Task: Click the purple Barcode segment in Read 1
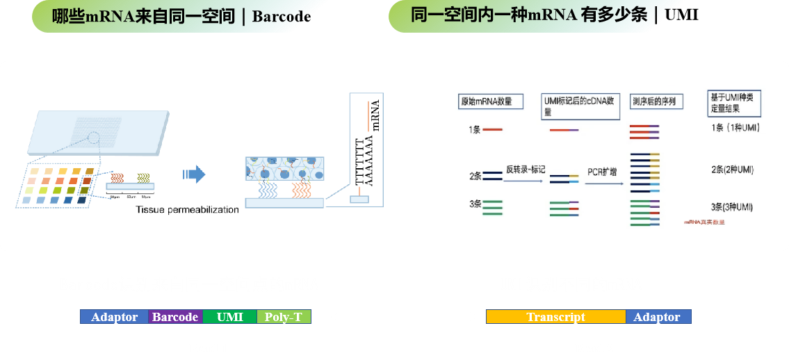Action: [x=175, y=317]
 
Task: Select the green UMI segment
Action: [x=230, y=317]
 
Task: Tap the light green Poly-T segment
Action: [x=284, y=317]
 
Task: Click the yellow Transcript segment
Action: [x=555, y=317]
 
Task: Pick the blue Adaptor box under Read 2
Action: [x=658, y=317]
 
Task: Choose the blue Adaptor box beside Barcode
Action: [x=114, y=317]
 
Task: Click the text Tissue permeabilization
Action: [x=187, y=209]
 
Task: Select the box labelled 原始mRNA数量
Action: [x=486, y=101]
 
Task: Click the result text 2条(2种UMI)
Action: [x=732, y=170]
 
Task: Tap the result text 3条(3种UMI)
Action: [x=732, y=207]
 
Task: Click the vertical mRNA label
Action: [x=376, y=115]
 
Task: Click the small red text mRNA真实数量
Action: [x=703, y=222]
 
